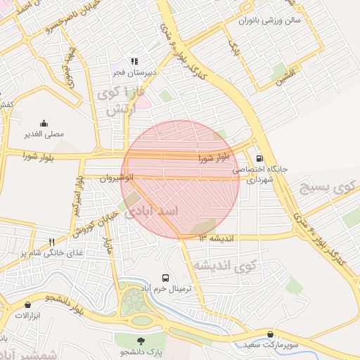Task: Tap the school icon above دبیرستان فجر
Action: tap(132, 61)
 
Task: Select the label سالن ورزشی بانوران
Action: tap(269, 20)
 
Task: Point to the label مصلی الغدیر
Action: tap(44, 134)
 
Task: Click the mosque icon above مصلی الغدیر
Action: tap(45, 123)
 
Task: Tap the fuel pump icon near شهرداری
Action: tap(261, 159)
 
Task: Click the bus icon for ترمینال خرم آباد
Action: tap(165, 278)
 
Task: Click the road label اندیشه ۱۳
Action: tap(215, 238)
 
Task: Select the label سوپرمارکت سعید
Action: tap(271, 345)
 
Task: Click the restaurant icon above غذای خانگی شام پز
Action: tap(51, 241)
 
